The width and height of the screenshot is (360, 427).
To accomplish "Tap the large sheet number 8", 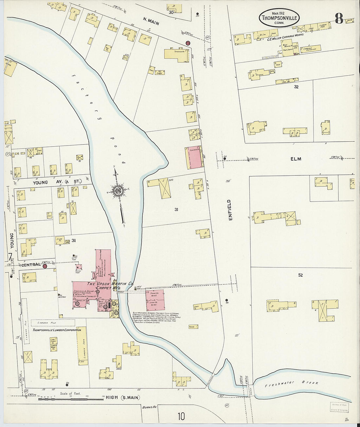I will coord(339,19).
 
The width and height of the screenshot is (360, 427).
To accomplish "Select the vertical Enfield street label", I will coord(230,210).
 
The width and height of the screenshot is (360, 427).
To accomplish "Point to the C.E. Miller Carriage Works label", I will coord(285,34).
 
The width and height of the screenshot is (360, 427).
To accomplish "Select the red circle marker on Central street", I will coord(45,266).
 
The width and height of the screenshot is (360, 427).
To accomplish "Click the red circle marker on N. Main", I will coord(188,43).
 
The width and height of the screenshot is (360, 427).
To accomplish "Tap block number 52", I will coord(300,275).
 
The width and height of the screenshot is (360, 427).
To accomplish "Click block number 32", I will coord(296,87).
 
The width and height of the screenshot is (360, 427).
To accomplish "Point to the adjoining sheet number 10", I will coord(181,416).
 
